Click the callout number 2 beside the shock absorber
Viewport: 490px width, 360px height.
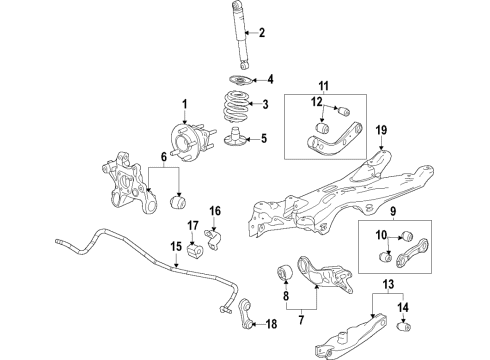[261, 34]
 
